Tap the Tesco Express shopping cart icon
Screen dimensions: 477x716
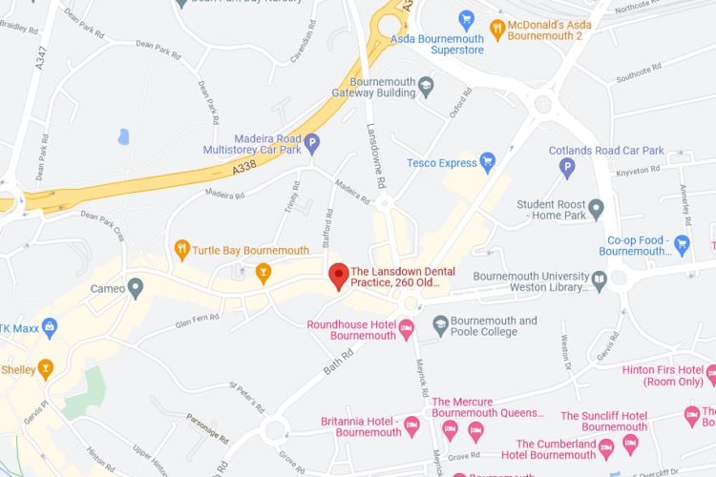point(488,162)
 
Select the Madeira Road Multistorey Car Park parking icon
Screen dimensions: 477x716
point(311,142)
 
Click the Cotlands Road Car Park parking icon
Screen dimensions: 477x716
point(567,168)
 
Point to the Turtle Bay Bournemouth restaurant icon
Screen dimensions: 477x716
point(181,250)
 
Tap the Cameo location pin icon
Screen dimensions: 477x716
point(136,287)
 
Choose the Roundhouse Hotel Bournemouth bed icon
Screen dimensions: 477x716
point(406,329)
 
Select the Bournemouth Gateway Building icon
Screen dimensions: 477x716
point(426,87)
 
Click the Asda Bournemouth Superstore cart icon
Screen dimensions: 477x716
point(466,19)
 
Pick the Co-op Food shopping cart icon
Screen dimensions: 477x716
point(682,244)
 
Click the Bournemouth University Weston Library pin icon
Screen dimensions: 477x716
point(600,280)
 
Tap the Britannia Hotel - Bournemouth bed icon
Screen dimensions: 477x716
point(411,425)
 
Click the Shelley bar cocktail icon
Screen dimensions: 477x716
point(44,368)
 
